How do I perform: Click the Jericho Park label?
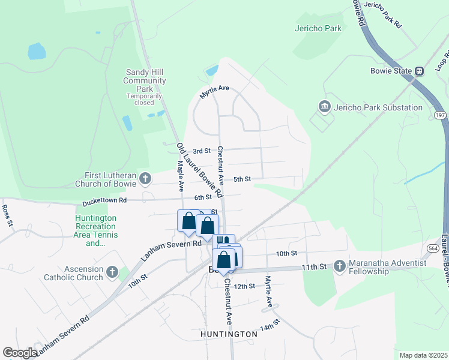(x=318, y=28)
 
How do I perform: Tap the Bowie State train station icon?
(x=420, y=71)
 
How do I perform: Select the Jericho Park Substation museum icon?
(x=325, y=107)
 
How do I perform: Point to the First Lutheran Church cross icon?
(x=145, y=178)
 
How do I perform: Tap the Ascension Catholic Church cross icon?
(x=112, y=274)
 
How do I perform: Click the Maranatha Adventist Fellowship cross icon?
(x=340, y=265)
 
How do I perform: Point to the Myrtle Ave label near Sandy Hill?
(x=215, y=88)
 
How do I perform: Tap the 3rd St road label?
(x=202, y=151)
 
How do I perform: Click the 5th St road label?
(x=241, y=179)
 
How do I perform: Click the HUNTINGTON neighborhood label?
(x=229, y=334)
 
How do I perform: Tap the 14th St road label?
(x=270, y=327)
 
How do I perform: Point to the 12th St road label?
(x=245, y=287)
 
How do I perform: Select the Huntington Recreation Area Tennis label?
(x=95, y=231)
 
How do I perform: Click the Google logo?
(x=20, y=353)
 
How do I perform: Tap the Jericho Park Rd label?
(x=382, y=14)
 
